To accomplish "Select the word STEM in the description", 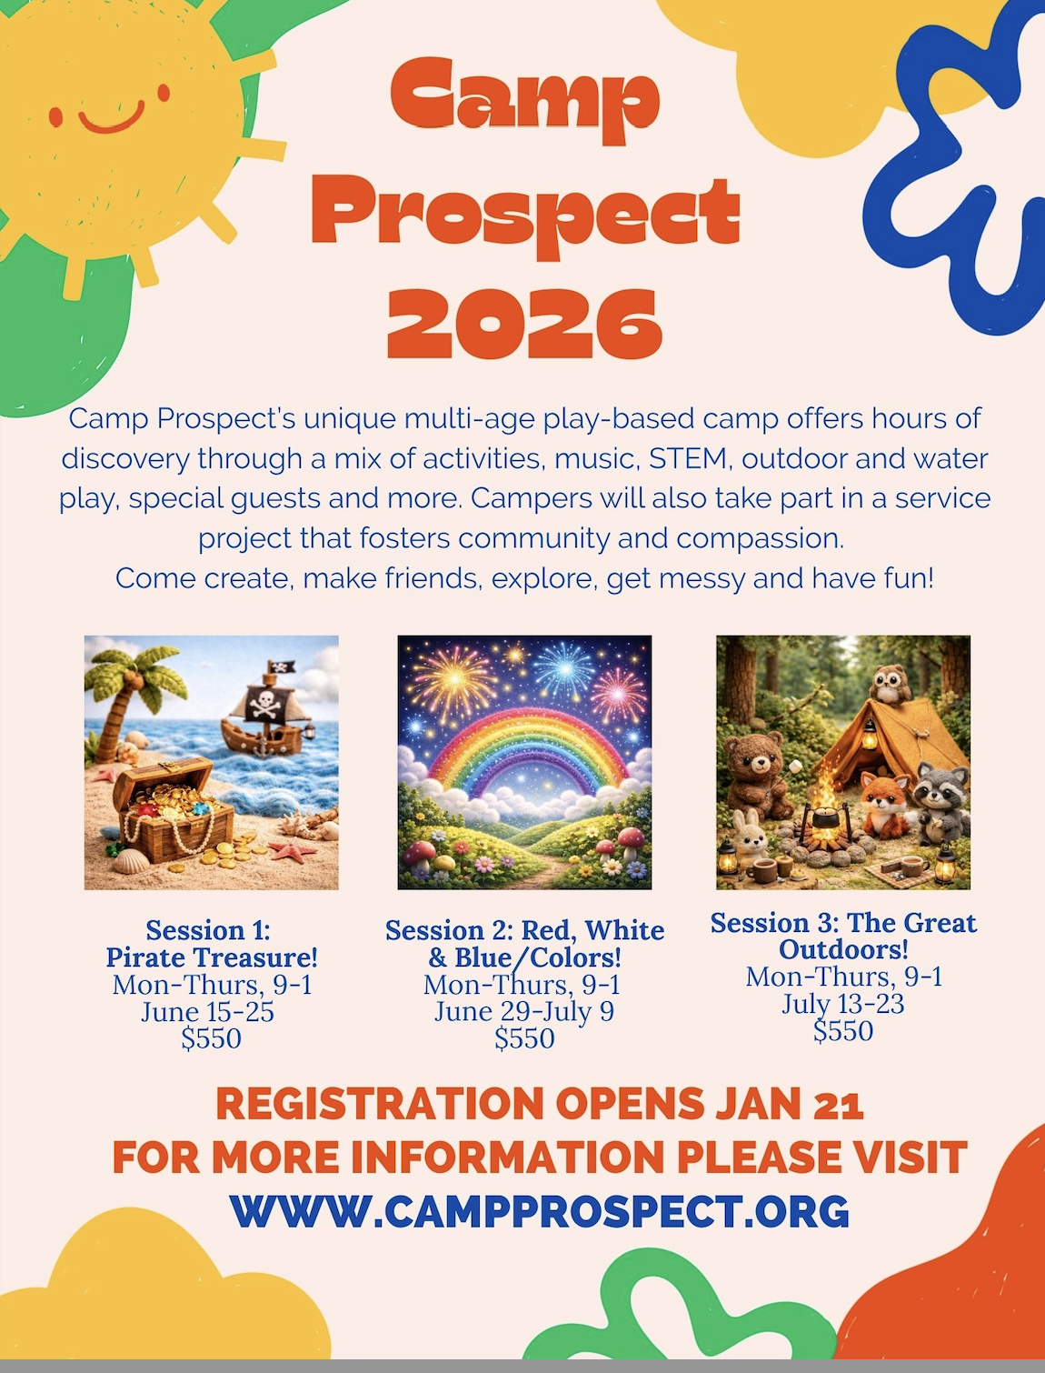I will tap(688, 458).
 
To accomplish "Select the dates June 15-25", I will tap(207, 1012).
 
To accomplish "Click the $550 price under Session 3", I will tap(843, 1031).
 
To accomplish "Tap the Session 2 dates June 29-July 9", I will tap(524, 1011).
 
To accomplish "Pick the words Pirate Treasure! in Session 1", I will tap(211, 957).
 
